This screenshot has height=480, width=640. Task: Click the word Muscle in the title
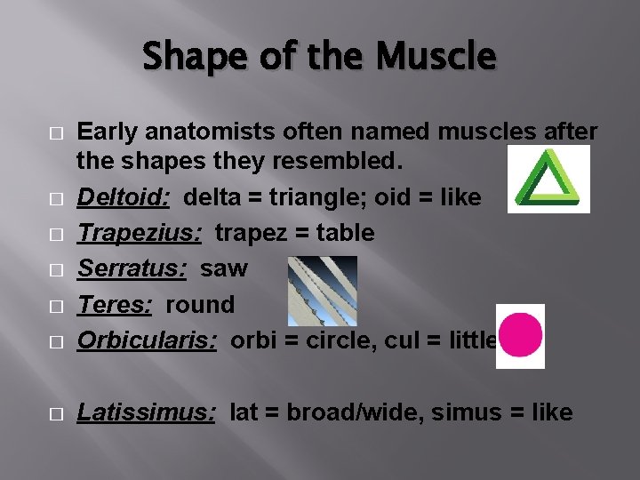pyautogui.click(x=436, y=57)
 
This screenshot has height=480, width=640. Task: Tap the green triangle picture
pyautogui.click(x=548, y=180)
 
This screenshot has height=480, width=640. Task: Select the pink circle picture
pyautogui.click(x=520, y=335)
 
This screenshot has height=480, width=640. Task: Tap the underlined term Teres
pyautogui.click(x=113, y=304)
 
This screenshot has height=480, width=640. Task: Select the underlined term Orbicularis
pyautogui.click(x=147, y=340)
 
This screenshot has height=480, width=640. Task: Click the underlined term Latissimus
pyautogui.click(x=146, y=412)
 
